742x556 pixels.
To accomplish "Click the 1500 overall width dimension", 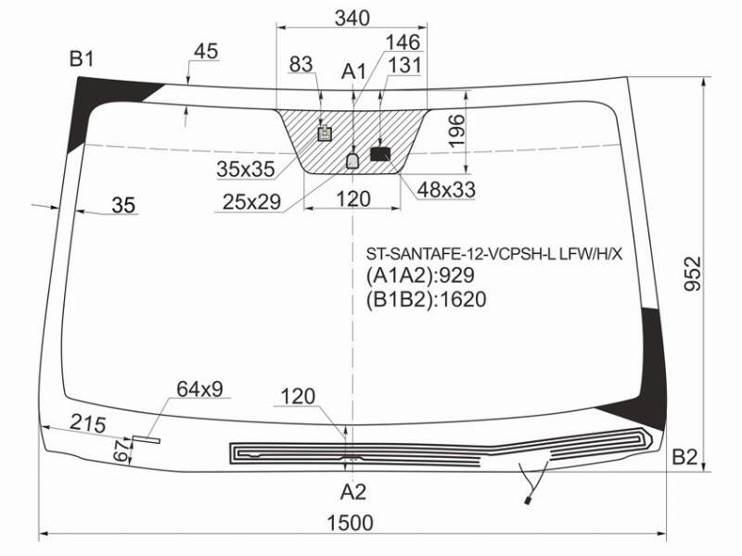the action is click(x=350, y=523).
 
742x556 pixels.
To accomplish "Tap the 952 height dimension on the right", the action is click(x=693, y=273).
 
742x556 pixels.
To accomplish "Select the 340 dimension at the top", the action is click(x=352, y=18).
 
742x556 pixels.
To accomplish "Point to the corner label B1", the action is click(x=82, y=59).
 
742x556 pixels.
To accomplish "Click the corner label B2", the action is click(x=685, y=457).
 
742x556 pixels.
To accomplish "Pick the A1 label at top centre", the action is click(x=354, y=72).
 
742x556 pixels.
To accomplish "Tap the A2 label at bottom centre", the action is click(x=353, y=492).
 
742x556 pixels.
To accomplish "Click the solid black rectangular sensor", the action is click(x=380, y=154).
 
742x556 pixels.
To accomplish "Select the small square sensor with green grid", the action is click(x=325, y=133).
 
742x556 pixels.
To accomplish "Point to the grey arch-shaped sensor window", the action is click(x=353, y=160).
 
